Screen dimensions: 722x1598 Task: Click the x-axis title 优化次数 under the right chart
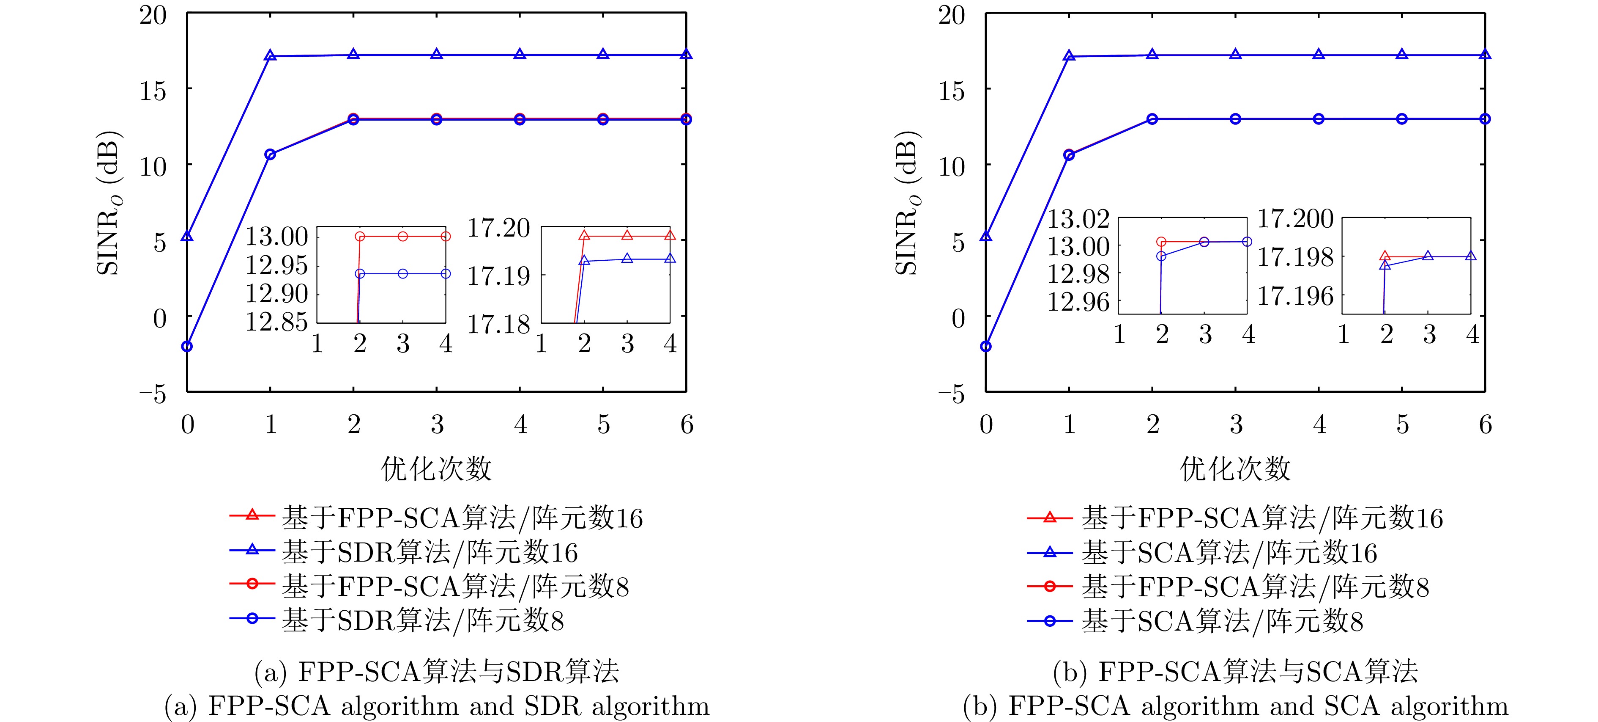pos(1234,469)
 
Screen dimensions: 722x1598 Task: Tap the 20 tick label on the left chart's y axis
pos(153,15)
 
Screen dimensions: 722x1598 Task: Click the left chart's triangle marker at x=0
pos(187,237)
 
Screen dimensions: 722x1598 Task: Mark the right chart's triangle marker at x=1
pos(1069,56)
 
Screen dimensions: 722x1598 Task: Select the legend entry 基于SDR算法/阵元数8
pos(422,620)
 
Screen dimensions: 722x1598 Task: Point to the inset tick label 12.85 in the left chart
pos(276,322)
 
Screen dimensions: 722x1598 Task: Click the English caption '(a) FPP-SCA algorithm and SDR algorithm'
pos(437,706)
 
